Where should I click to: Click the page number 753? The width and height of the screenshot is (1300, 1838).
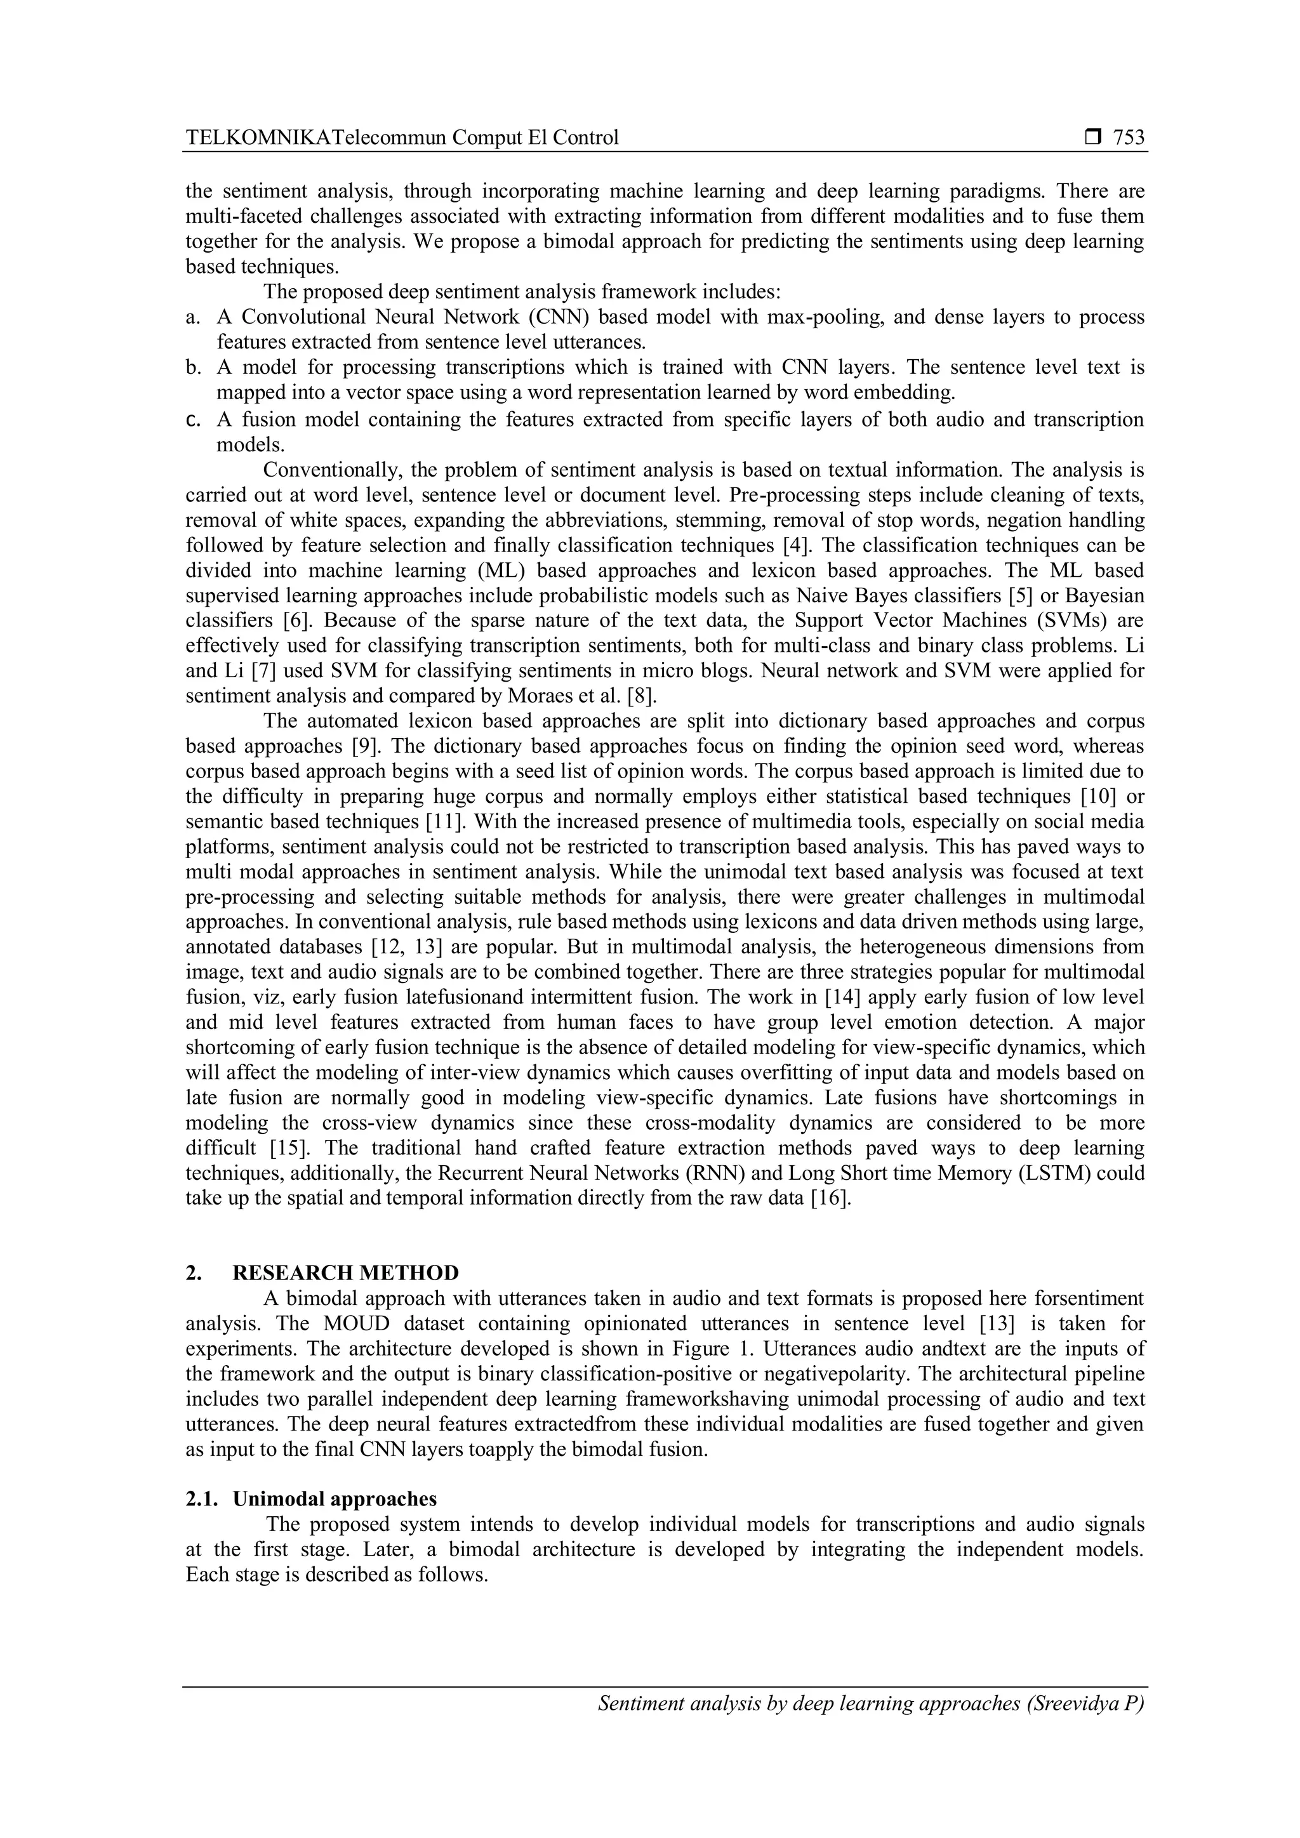pyautogui.click(x=1129, y=138)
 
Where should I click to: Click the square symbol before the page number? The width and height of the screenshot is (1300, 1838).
pyautogui.click(x=1092, y=138)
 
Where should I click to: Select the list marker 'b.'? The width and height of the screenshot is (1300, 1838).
pyautogui.click(x=193, y=368)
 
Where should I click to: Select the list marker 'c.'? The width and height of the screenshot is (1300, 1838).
pyautogui.click(x=192, y=420)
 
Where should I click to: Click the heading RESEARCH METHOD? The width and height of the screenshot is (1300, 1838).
pyautogui.click(x=346, y=1273)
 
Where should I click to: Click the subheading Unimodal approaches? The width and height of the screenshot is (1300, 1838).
pyautogui.click(x=335, y=1498)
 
